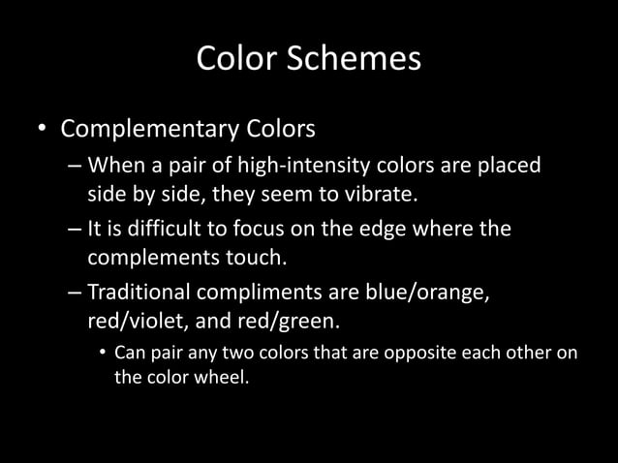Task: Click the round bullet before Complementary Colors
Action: click(42, 130)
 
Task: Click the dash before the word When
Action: click(75, 168)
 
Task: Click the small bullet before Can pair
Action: click(103, 352)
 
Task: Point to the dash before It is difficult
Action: click(75, 231)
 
